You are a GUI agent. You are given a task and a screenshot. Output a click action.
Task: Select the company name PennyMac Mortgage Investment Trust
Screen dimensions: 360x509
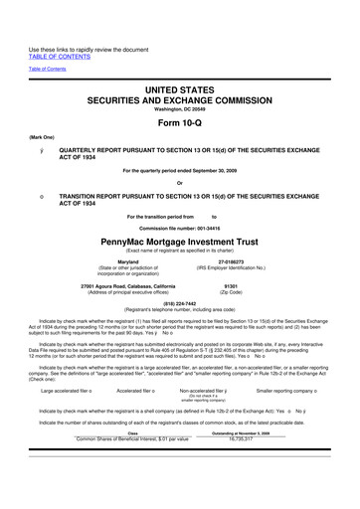[180, 240]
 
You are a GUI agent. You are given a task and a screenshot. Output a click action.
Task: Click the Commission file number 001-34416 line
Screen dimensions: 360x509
[180, 228]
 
